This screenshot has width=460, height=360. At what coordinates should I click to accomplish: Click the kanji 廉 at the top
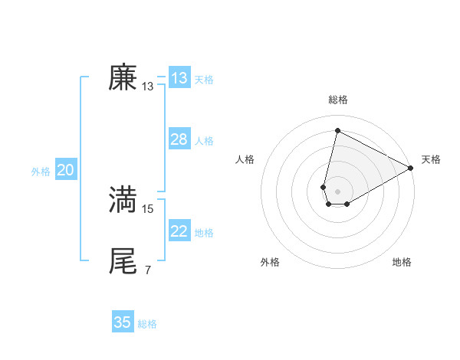[x=123, y=78]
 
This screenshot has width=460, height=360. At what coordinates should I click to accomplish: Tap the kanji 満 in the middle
[x=123, y=199]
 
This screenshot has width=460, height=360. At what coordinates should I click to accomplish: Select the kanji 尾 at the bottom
[x=123, y=260]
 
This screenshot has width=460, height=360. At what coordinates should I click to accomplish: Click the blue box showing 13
[x=179, y=78]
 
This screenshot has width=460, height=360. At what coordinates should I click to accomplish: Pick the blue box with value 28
[x=179, y=139]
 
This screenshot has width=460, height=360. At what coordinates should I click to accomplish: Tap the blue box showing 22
[x=179, y=231]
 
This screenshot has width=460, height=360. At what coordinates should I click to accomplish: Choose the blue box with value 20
[x=65, y=170]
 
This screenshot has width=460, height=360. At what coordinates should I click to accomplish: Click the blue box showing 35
[x=123, y=322]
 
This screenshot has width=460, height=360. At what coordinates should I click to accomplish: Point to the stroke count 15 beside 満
[x=148, y=208]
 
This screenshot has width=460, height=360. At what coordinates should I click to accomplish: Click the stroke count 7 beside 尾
[x=147, y=270]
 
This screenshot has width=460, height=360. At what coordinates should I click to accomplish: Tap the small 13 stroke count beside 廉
[x=148, y=87]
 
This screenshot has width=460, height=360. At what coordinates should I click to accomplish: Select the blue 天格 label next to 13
[x=204, y=80]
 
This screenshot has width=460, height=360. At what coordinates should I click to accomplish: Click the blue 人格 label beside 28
[x=204, y=141]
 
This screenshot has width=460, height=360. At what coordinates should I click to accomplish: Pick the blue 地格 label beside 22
[x=204, y=233]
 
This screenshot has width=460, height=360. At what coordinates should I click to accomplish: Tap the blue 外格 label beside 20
[x=41, y=172]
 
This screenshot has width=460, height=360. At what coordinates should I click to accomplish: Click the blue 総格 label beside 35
[x=147, y=324]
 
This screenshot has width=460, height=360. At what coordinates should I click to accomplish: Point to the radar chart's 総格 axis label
[x=338, y=100]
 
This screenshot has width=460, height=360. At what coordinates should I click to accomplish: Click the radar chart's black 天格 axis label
[x=431, y=159]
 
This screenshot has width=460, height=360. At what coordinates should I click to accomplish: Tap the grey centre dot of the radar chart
[x=338, y=191]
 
